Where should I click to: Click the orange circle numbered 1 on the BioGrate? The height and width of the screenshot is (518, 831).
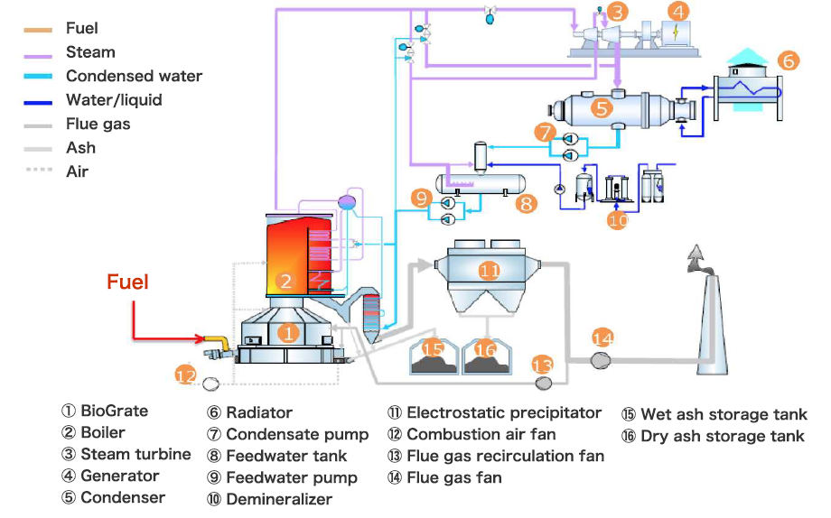[x=288, y=332]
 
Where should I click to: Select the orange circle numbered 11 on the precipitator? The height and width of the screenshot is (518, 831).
[x=490, y=269]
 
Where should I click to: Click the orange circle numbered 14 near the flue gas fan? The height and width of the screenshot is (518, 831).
[x=602, y=338]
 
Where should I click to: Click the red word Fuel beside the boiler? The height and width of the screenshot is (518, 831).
[x=127, y=282]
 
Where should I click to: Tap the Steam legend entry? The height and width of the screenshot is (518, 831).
[x=90, y=52]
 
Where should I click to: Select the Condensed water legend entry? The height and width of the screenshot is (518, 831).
[x=134, y=76]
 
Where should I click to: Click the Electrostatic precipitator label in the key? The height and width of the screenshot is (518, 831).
[x=503, y=412]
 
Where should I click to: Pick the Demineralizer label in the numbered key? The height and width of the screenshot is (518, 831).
[x=278, y=499]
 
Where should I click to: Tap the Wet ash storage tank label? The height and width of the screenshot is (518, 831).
[x=723, y=414]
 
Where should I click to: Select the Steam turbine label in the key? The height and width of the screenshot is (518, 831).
[x=135, y=454]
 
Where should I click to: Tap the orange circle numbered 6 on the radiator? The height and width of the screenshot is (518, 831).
[x=788, y=61]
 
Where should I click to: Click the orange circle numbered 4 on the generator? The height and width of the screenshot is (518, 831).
[x=677, y=12]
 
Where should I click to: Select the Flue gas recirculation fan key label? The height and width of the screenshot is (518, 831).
[x=505, y=456]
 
